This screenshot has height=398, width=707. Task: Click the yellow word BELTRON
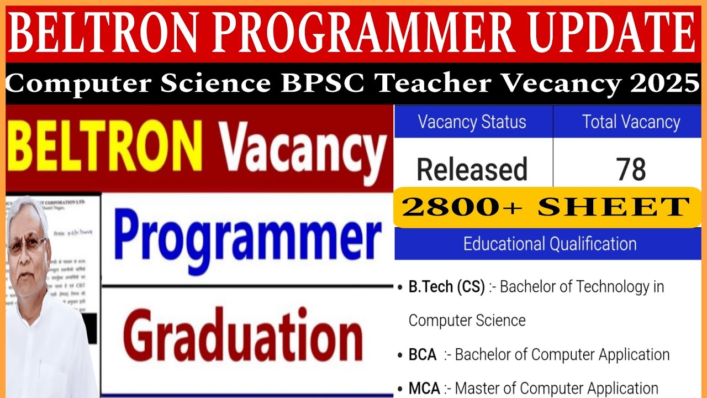pos(105,146)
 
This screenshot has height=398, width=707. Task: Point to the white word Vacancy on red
pos(303,148)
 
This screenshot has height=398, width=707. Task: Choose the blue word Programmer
pos(247,239)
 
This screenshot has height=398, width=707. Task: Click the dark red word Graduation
pos(247,334)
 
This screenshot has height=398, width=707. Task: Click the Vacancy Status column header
pos(472,122)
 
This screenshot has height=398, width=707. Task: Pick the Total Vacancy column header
pos(631,122)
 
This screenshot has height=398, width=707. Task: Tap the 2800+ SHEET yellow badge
pos(547,207)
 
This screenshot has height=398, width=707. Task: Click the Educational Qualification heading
pos(550,244)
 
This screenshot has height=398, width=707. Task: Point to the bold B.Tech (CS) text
pos(446,287)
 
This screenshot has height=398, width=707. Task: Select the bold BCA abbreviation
pos(423,354)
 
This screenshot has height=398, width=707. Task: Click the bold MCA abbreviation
pos(424,389)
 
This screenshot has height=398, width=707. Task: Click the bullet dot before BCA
pos(400,355)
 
